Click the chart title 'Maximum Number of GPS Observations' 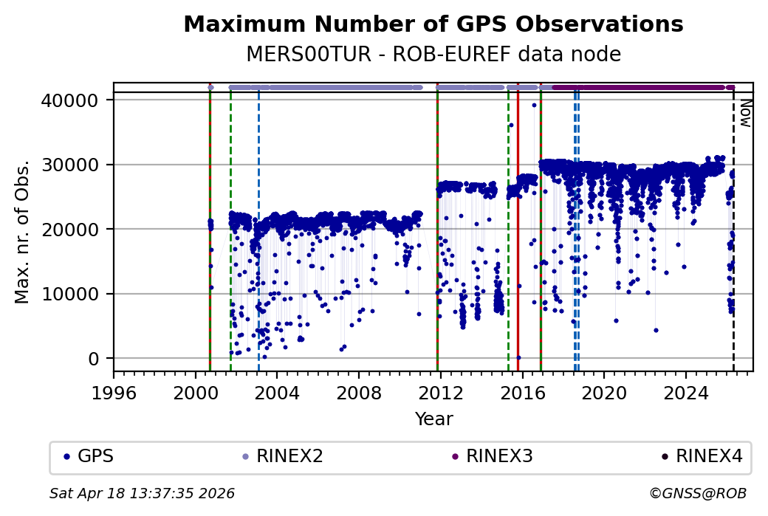[433, 24]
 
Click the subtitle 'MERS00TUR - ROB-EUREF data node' [433, 55]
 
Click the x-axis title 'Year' [433, 419]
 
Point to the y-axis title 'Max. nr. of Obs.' [22, 231]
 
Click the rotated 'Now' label [746, 113]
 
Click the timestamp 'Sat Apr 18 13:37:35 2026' [142, 493]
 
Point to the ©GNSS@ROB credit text [697, 493]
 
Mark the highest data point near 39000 [534, 105]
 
